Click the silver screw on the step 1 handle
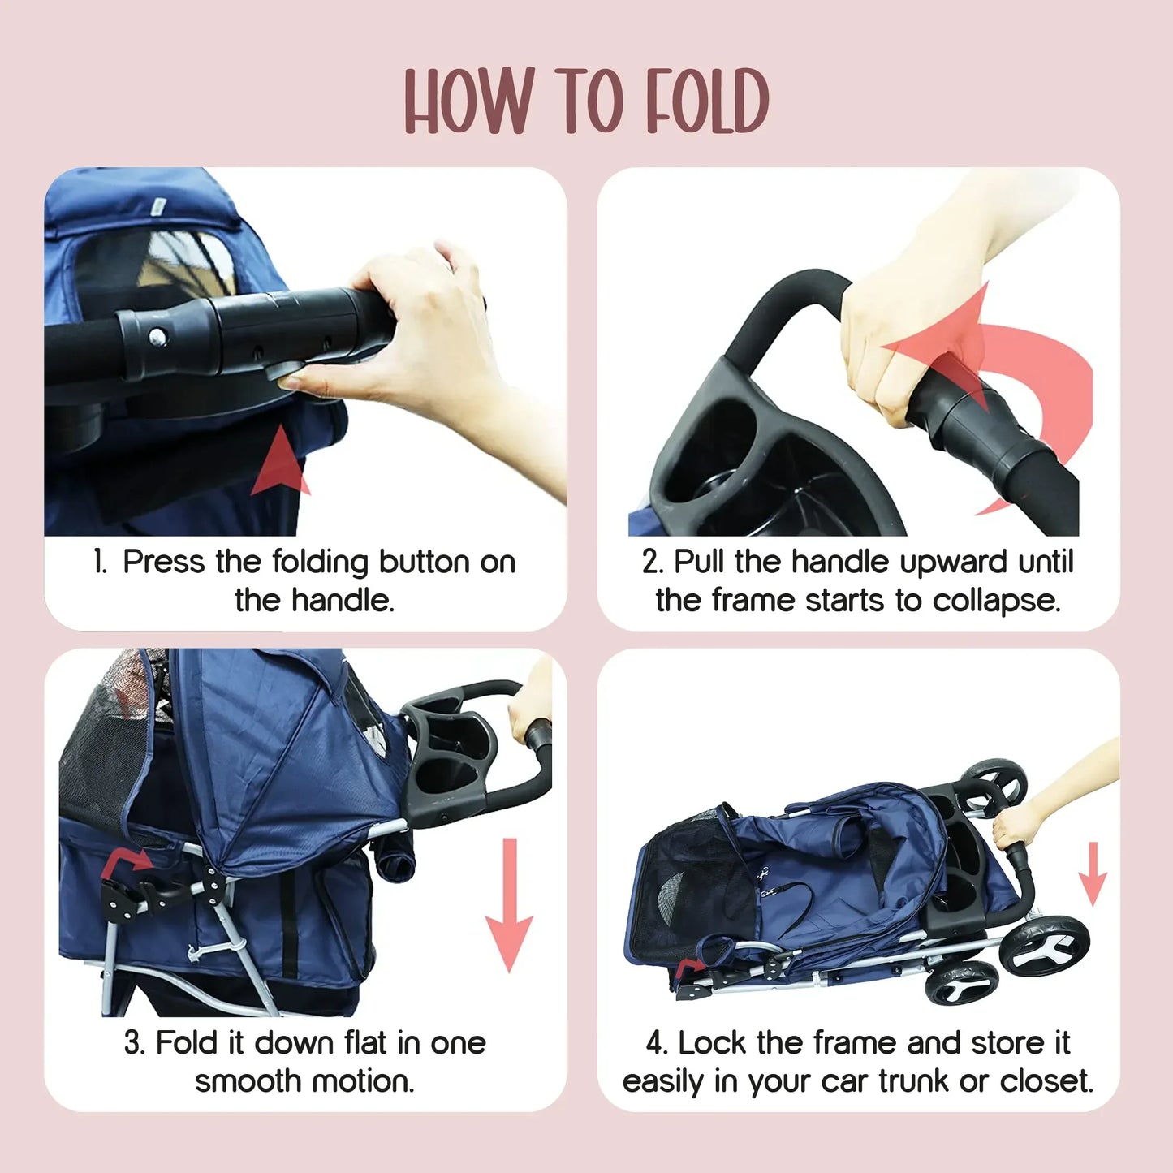point(155,336)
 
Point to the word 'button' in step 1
point(425,562)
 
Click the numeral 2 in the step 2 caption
point(652,562)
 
